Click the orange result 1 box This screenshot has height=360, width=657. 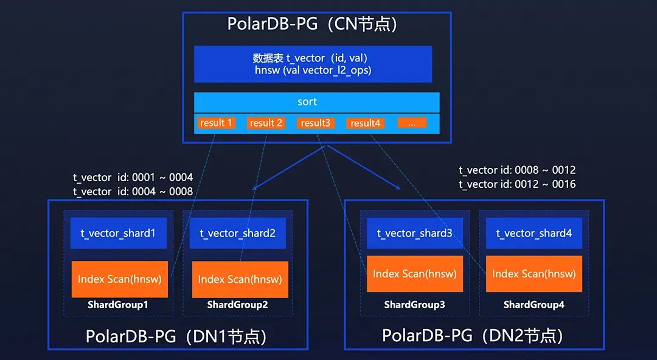(x=217, y=123)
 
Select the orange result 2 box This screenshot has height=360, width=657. (x=266, y=123)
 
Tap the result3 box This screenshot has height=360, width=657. (x=316, y=123)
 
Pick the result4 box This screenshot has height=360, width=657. (x=366, y=123)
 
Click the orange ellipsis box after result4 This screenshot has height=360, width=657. (x=412, y=123)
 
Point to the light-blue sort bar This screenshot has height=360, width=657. (x=317, y=102)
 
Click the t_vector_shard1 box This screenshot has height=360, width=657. (x=119, y=233)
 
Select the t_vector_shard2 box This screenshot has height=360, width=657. (x=238, y=233)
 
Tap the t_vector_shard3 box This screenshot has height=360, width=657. (x=415, y=233)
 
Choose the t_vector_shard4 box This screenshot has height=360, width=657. (x=534, y=233)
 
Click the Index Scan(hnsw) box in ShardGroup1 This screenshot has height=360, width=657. (x=120, y=279)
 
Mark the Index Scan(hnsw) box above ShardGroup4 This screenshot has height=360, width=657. (x=534, y=274)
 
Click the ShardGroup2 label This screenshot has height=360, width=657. (x=238, y=305)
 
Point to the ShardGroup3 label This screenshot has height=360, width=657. (x=415, y=305)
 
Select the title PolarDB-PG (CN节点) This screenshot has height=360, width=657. (x=312, y=24)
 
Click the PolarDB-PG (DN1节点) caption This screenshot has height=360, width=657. (x=176, y=336)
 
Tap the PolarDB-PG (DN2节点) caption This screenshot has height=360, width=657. (x=473, y=335)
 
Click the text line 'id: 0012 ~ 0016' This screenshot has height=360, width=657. (x=540, y=184)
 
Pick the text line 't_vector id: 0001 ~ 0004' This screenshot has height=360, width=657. (x=133, y=178)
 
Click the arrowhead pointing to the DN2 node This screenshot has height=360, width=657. (x=397, y=187)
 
